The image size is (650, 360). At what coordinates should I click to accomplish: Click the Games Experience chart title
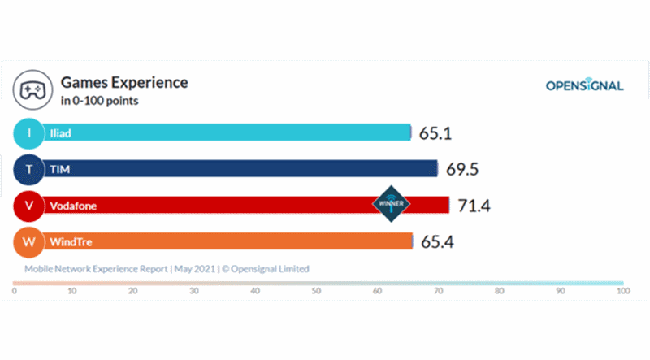124,83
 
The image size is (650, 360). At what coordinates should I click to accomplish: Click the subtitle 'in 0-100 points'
99,102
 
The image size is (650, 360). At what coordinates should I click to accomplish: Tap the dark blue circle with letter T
30,169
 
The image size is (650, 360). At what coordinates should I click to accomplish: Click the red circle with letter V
30,206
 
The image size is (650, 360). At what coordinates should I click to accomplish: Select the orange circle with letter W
30,241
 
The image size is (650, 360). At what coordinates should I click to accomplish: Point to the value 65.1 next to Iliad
436,133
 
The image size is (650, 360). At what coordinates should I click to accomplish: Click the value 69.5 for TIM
462,169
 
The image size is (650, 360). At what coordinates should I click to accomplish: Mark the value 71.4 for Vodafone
474,206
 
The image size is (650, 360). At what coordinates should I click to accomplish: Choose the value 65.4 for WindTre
438,241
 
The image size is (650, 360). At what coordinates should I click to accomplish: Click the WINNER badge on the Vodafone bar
392,203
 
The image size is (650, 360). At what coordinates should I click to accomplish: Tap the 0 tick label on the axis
14,290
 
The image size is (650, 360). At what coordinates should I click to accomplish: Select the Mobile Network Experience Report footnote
167,268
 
